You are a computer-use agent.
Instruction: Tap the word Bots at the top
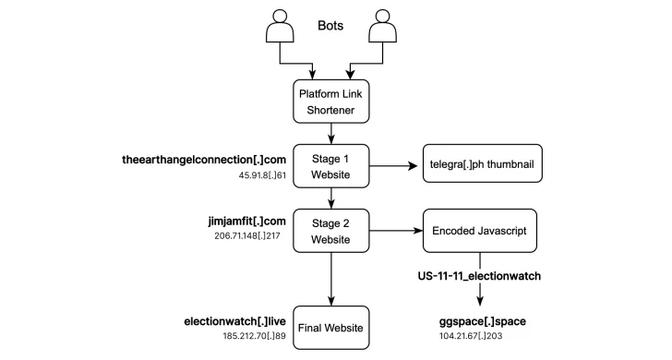point(330,26)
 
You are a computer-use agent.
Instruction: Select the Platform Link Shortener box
point(330,101)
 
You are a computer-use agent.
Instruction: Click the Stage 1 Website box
point(330,167)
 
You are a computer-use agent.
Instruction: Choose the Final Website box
point(330,327)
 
